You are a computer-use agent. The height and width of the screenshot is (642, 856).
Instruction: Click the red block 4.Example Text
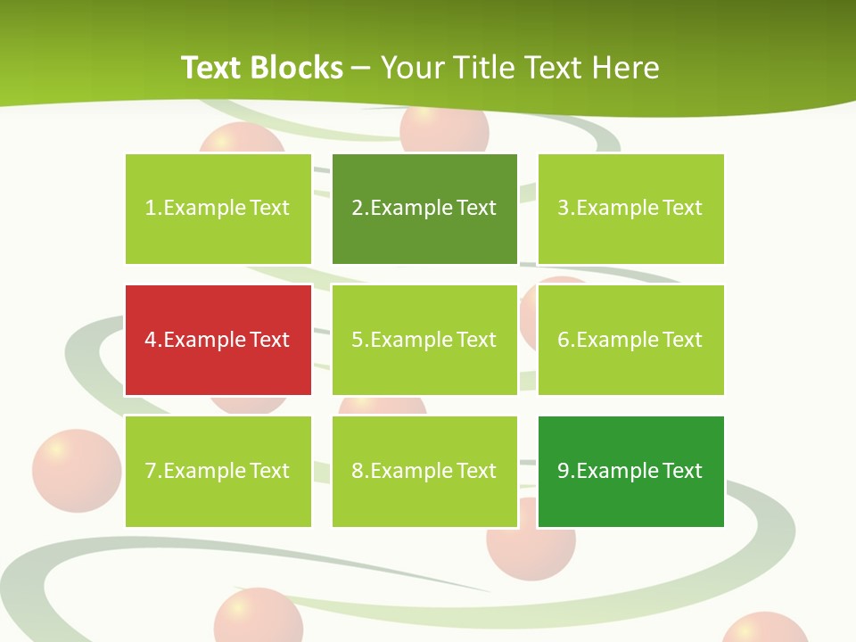218,340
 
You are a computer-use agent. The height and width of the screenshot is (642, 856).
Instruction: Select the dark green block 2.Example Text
424,209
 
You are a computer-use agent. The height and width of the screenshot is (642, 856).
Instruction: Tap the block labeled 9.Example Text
630,471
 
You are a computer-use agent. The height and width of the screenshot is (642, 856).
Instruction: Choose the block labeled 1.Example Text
218,209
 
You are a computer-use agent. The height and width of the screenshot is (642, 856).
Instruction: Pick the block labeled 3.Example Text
630,209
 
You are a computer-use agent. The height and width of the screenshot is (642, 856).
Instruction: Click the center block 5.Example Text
424,340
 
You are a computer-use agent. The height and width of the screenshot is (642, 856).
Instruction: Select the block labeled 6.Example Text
630,340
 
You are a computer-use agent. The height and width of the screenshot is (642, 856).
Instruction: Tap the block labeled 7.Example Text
218,471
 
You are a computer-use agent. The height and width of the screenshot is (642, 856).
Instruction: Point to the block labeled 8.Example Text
424,471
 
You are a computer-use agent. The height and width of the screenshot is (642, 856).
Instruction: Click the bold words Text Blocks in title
262,68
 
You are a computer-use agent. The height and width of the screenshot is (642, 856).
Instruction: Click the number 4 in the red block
151,340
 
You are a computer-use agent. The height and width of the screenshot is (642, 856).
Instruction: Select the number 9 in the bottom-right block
564,471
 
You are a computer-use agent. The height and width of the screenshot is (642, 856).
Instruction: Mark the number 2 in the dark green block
358,209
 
